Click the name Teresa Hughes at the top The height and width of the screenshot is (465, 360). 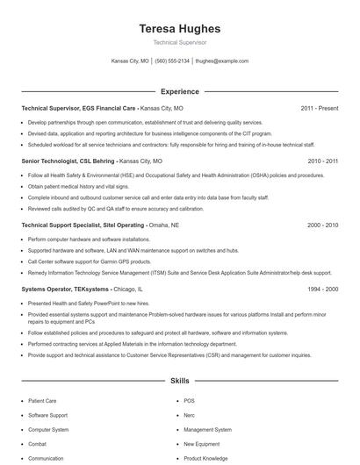(x=180, y=29)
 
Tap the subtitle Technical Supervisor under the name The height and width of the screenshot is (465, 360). (x=180, y=42)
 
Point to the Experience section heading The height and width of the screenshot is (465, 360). (x=180, y=91)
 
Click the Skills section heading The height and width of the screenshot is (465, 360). (x=180, y=382)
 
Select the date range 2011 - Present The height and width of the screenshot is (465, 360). (x=319, y=108)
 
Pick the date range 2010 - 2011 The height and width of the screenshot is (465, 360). (x=322, y=161)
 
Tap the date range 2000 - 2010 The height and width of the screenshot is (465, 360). (x=322, y=225)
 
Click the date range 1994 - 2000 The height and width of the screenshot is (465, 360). (x=322, y=289)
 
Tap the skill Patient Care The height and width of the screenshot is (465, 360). (x=42, y=400)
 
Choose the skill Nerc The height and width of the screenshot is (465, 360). (x=190, y=415)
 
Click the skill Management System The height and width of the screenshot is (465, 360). (x=207, y=430)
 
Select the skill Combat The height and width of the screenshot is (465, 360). (x=37, y=444)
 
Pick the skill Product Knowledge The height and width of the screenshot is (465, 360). (x=205, y=458)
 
